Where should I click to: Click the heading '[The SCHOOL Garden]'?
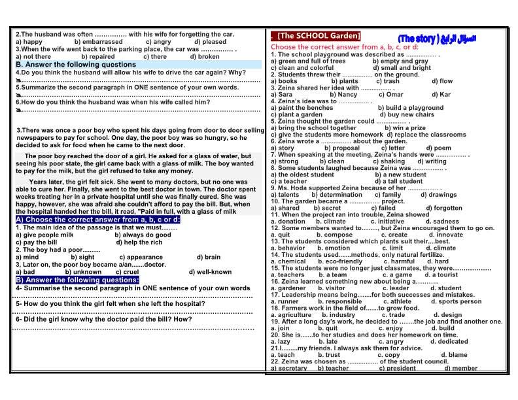point(319,35)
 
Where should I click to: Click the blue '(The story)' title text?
point(426,39)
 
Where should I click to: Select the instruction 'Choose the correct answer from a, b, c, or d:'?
point(345,47)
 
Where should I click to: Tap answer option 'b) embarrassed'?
point(98,41)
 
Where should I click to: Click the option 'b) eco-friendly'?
point(340,261)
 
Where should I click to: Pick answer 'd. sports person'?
point(458,301)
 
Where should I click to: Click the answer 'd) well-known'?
point(210,272)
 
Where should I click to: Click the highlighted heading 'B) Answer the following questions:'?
point(77,280)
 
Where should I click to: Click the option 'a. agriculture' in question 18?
point(291,315)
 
